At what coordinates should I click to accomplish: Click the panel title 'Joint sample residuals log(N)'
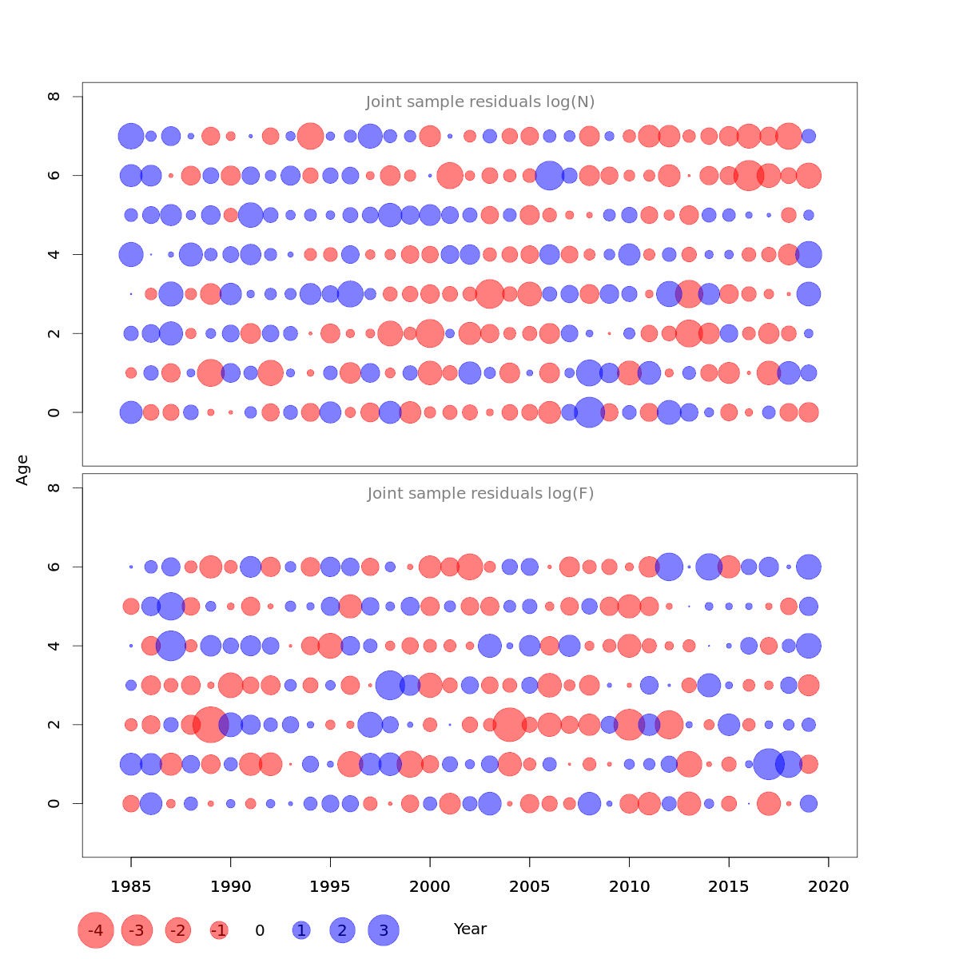[480, 102]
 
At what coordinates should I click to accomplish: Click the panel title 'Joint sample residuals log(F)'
[480, 494]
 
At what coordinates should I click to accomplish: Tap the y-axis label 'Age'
[23, 470]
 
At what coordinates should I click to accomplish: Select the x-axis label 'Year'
[470, 929]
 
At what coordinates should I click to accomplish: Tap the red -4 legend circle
[96, 930]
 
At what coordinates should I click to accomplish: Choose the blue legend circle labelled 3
[384, 930]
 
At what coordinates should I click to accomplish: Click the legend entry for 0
[260, 930]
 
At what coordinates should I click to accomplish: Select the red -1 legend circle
[219, 930]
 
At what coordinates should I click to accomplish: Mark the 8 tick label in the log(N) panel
[54, 97]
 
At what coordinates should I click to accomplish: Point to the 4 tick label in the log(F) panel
[54, 645]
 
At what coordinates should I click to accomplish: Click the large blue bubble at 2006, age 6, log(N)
[549, 175]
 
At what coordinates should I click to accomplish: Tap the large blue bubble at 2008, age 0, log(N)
[589, 412]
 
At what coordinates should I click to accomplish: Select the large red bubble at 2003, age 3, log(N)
[490, 294]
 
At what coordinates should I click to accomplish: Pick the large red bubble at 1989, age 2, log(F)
[211, 725]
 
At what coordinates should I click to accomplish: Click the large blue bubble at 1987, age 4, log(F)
[170, 645]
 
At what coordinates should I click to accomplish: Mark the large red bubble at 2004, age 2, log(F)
[510, 725]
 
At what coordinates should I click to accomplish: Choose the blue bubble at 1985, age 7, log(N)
[131, 136]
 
